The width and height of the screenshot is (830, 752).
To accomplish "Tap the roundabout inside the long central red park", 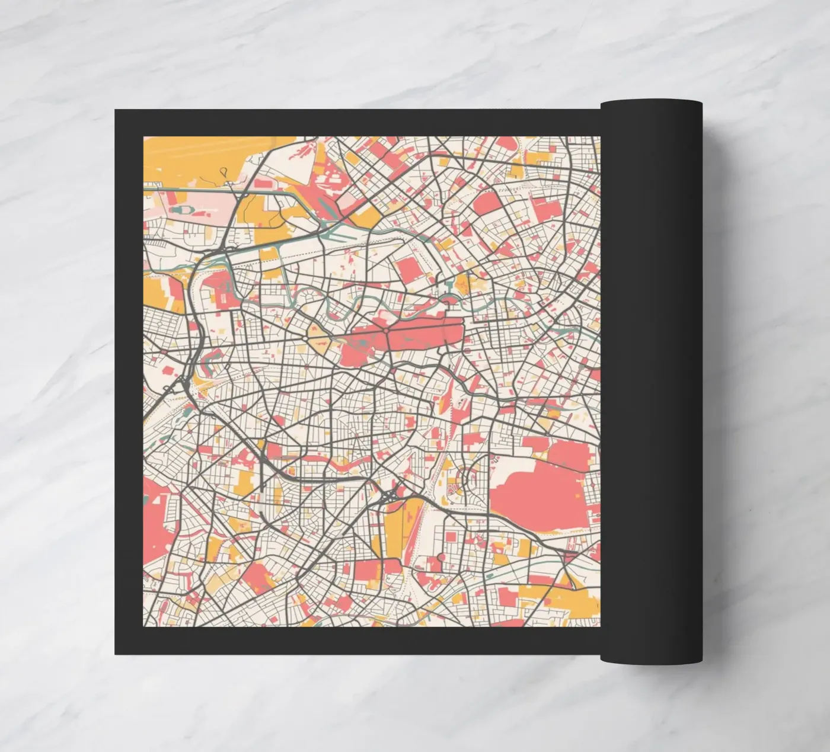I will coord(386,329).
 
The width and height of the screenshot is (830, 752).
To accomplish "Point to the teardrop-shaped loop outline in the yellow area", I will coord(224,172).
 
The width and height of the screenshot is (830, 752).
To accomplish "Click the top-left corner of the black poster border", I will coord(116,110).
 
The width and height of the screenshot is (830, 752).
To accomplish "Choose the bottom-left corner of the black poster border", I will coord(116,654).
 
